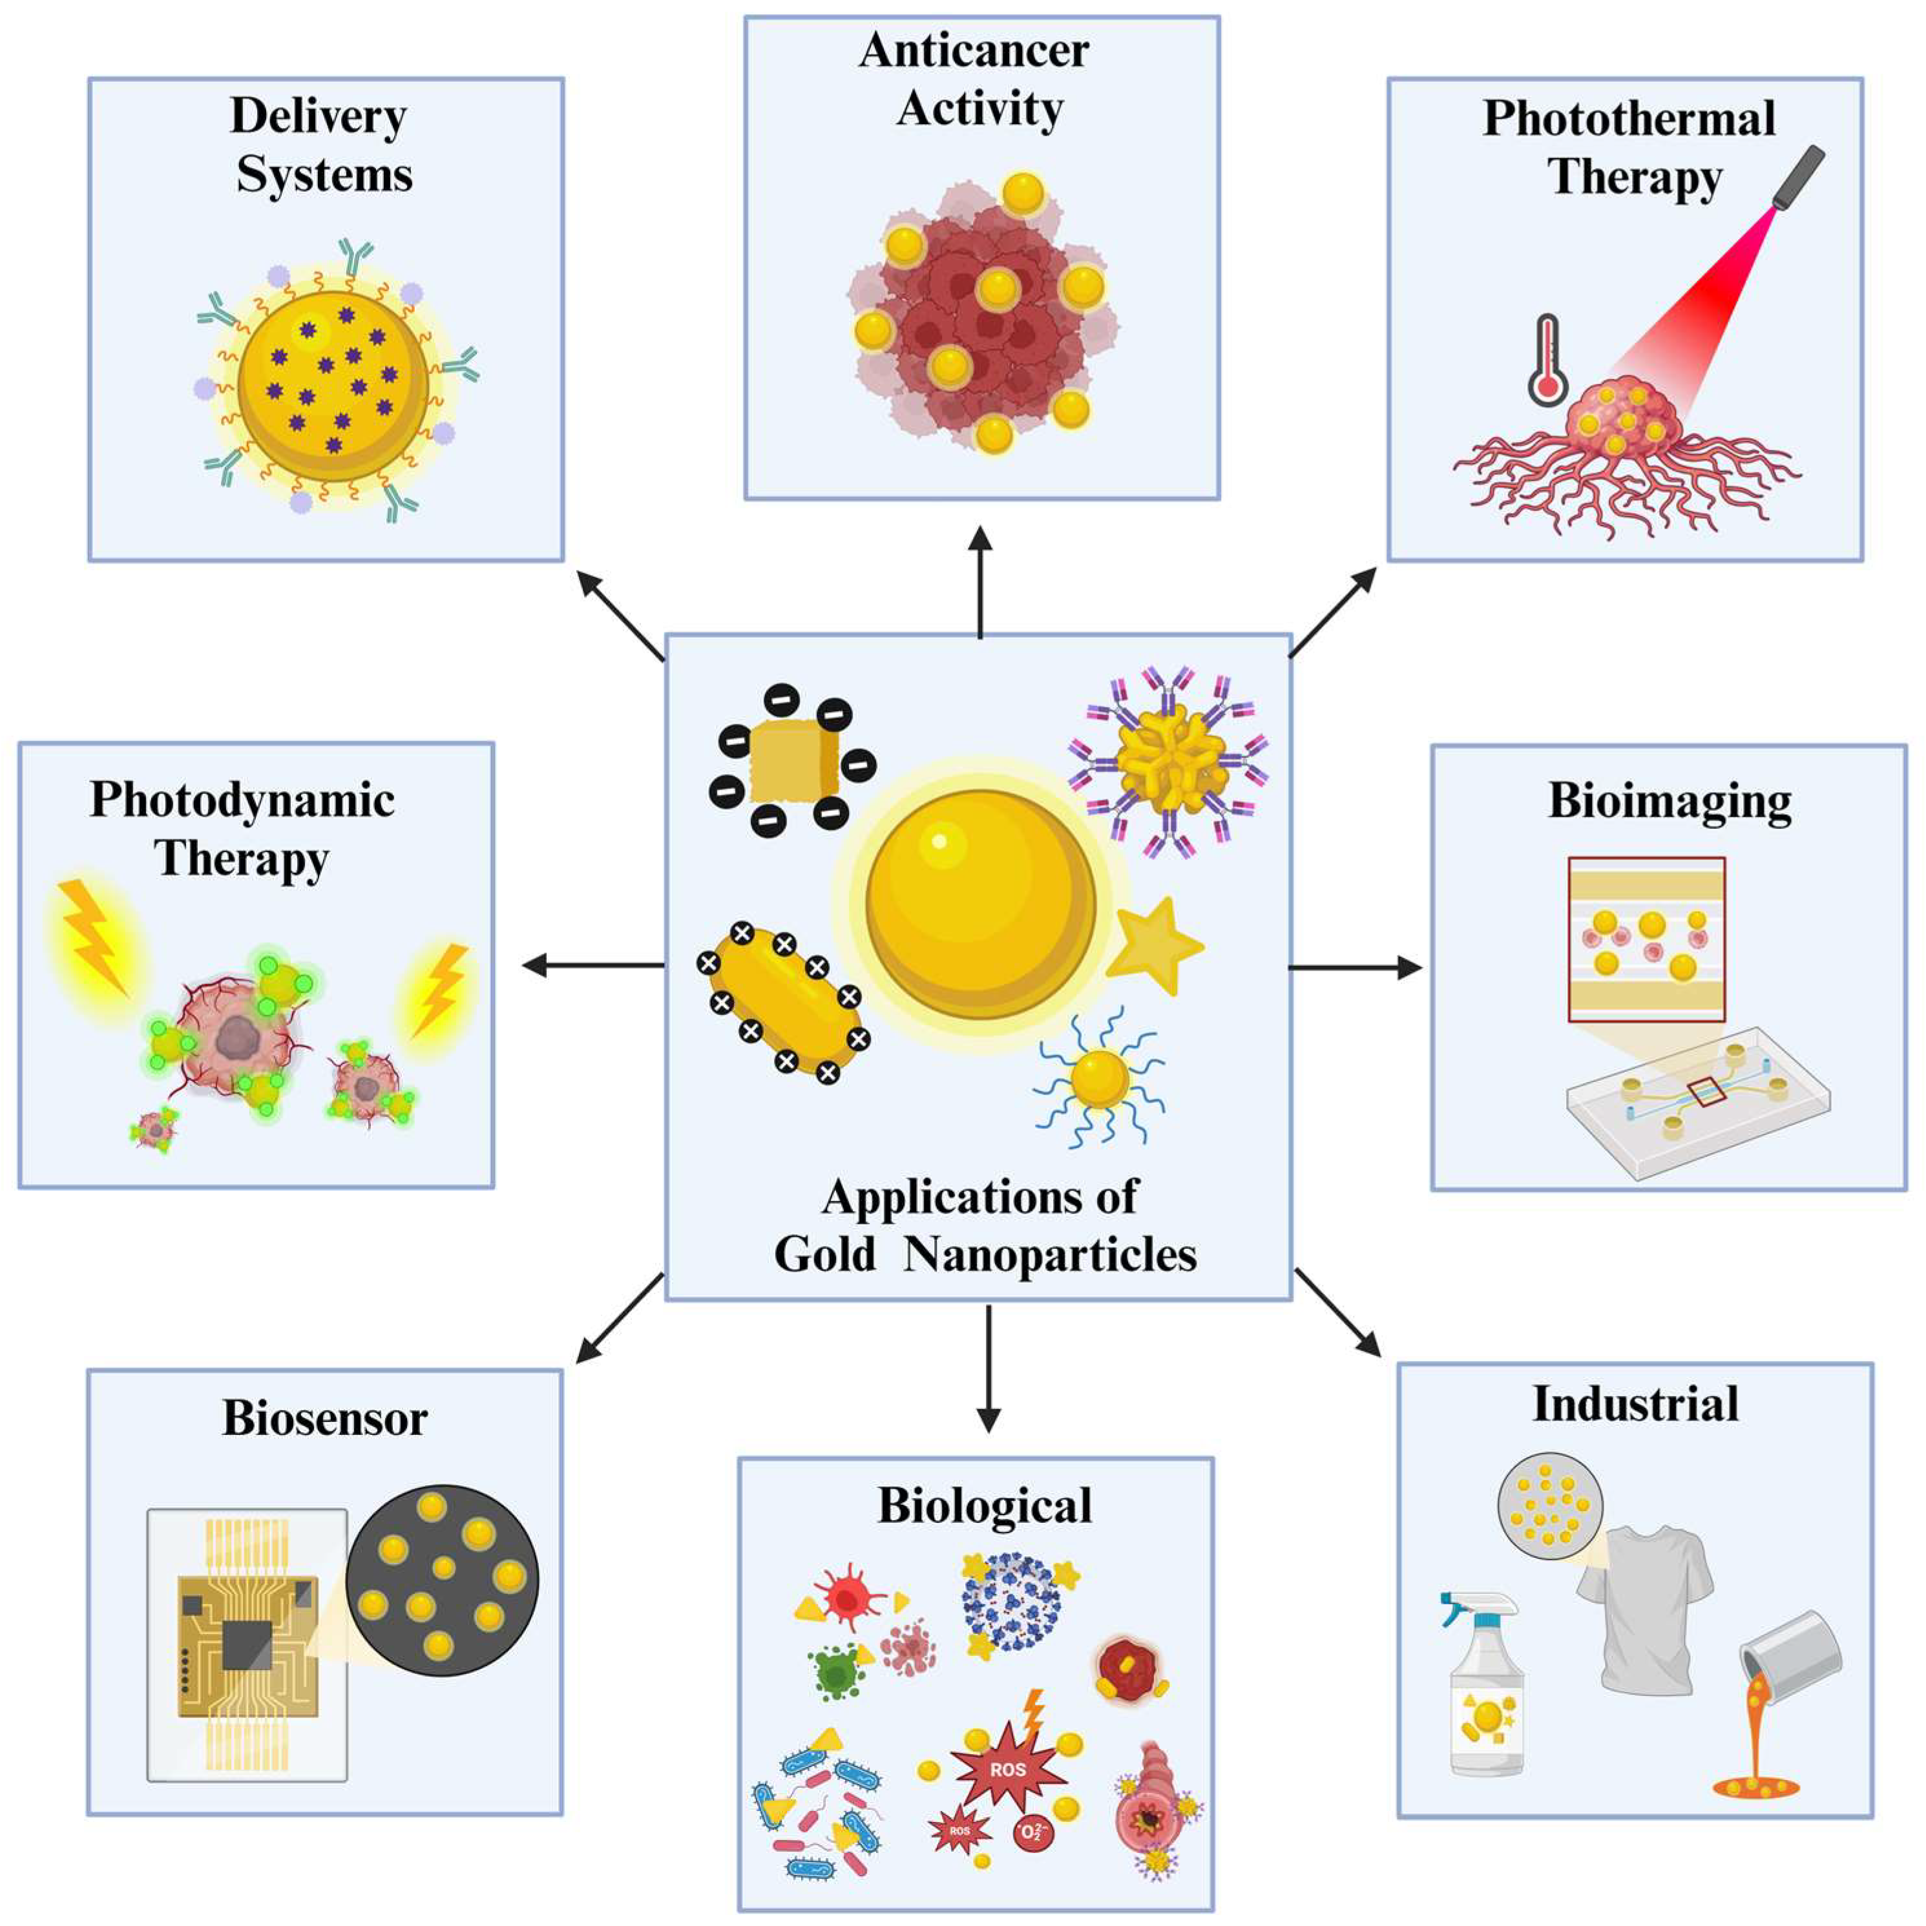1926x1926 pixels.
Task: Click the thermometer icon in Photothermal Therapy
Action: point(1546,361)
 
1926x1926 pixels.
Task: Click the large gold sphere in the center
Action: point(981,903)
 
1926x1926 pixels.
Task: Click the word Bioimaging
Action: point(1669,802)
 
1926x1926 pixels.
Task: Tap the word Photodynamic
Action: point(242,799)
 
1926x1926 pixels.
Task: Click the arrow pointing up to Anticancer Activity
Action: point(981,583)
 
